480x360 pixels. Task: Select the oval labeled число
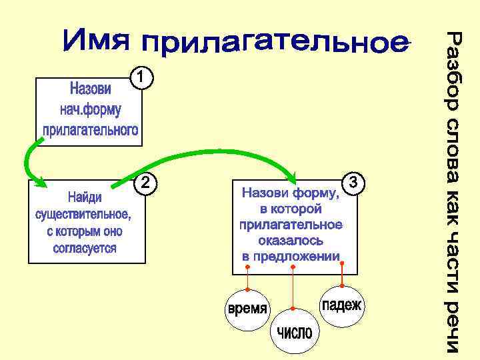click(294, 332)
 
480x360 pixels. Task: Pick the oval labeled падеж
click(342, 305)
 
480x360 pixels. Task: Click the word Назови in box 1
click(91, 89)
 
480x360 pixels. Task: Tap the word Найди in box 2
click(84, 198)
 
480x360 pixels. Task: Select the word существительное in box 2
click(83, 215)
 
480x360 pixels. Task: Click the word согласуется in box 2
click(85, 248)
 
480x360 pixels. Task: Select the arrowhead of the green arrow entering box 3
click(295, 177)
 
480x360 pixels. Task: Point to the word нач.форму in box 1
click(91, 109)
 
